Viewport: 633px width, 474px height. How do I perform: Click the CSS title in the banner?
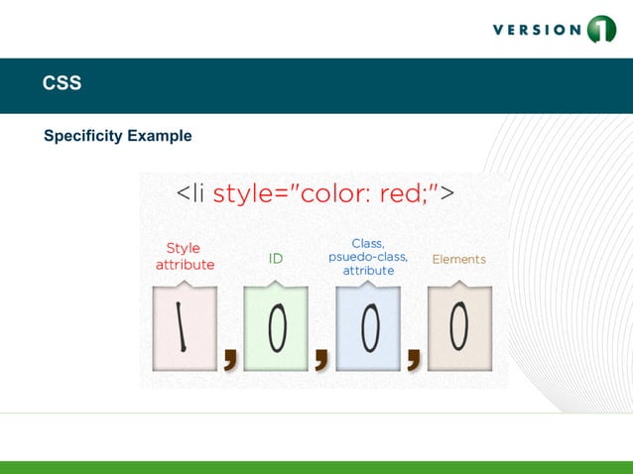(x=62, y=84)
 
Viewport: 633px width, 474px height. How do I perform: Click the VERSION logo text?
(x=537, y=30)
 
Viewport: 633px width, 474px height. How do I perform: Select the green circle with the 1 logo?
(x=601, y=30)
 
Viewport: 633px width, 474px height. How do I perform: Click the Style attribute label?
(x=184, y=257)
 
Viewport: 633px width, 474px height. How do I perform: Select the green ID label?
(x=276, y=259)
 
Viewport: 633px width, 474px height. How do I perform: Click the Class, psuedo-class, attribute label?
(x=368, y=257)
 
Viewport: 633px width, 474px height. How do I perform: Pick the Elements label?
(x=458, y=259)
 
